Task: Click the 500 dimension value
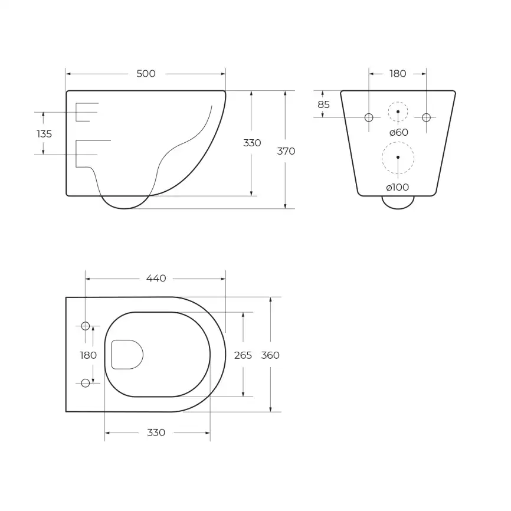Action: click(x=146, y=74)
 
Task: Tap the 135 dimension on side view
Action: click(x=44, y=134)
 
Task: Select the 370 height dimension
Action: click(x=286, y=151)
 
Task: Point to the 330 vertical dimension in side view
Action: click(x=252, y=143)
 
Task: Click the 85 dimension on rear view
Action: click(x=323, y=104)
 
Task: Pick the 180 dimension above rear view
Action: click(x=398, y=74)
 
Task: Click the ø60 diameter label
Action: click(x=398, y=132)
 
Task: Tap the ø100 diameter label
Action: click(x=398, y=187)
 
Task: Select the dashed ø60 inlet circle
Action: click(x=398, y=112)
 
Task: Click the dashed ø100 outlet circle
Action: click(x=398, y=157)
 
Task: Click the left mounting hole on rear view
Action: click(x=369, y=117)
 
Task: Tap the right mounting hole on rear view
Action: click(x=426, y=117)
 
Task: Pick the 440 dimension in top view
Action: click(x=155, y=278)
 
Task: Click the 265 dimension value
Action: click(x=243, y=355)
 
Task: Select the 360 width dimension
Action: click(x=270, y=355)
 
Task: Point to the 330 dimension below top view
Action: click(x=156, y=433)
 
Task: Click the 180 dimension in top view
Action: click(x=88, y=355)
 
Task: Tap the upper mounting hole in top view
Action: click(x=85, y=326)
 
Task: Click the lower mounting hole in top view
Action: click(x=85, y=383)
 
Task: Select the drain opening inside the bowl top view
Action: click(x=127, y=354)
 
